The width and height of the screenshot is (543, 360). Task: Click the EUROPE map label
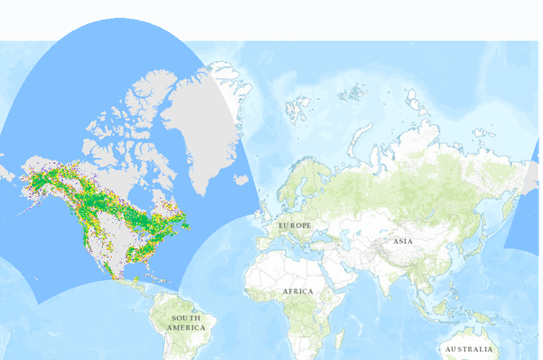point(295,226)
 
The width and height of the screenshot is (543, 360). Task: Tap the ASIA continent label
point(404,241)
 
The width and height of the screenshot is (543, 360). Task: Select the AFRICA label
point(298,291)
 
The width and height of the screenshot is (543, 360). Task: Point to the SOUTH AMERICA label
point(185,323)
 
